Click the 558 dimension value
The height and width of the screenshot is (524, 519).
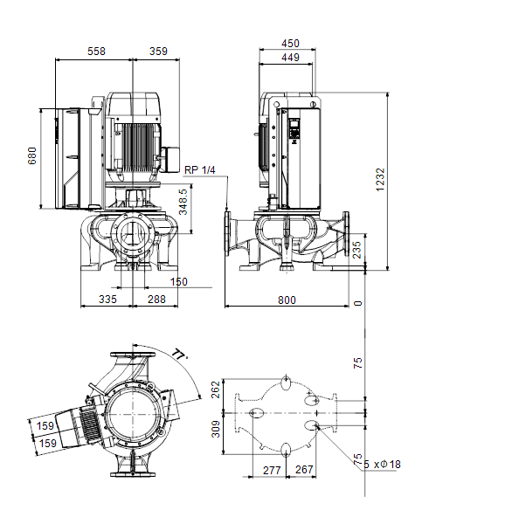tap(96, 52)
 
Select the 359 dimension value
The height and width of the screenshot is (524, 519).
tap(158, 52)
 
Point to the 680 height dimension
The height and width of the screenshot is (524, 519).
tap(32, 155)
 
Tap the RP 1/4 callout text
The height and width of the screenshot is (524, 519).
tap(199, 169)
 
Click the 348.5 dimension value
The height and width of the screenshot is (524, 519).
tap(183, 202)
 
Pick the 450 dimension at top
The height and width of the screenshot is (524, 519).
tap(290, 44)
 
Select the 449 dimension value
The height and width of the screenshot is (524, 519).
tap(290, 58)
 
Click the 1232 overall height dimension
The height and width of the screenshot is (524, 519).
tap(380, 180)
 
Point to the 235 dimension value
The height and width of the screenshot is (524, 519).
tap(357, 250)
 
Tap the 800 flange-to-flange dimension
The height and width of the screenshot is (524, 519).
tap(287, 300)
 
